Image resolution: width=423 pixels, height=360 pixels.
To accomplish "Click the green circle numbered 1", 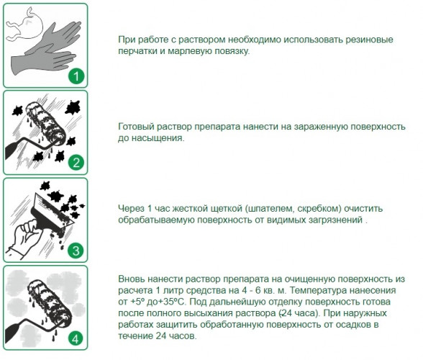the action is pyautogui.click(x=76, y=76).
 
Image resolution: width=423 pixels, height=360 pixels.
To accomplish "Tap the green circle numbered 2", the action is pyautogui.click(x=76, y=163).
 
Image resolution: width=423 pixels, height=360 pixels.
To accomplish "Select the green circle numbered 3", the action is pyautogui.click(x=76, y=251).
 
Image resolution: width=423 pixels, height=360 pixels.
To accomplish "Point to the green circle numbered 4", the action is pyautogui.click(x=76, y=338).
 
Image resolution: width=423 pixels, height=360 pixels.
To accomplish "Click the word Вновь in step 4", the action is pyautogui.click(x=131, y=279).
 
